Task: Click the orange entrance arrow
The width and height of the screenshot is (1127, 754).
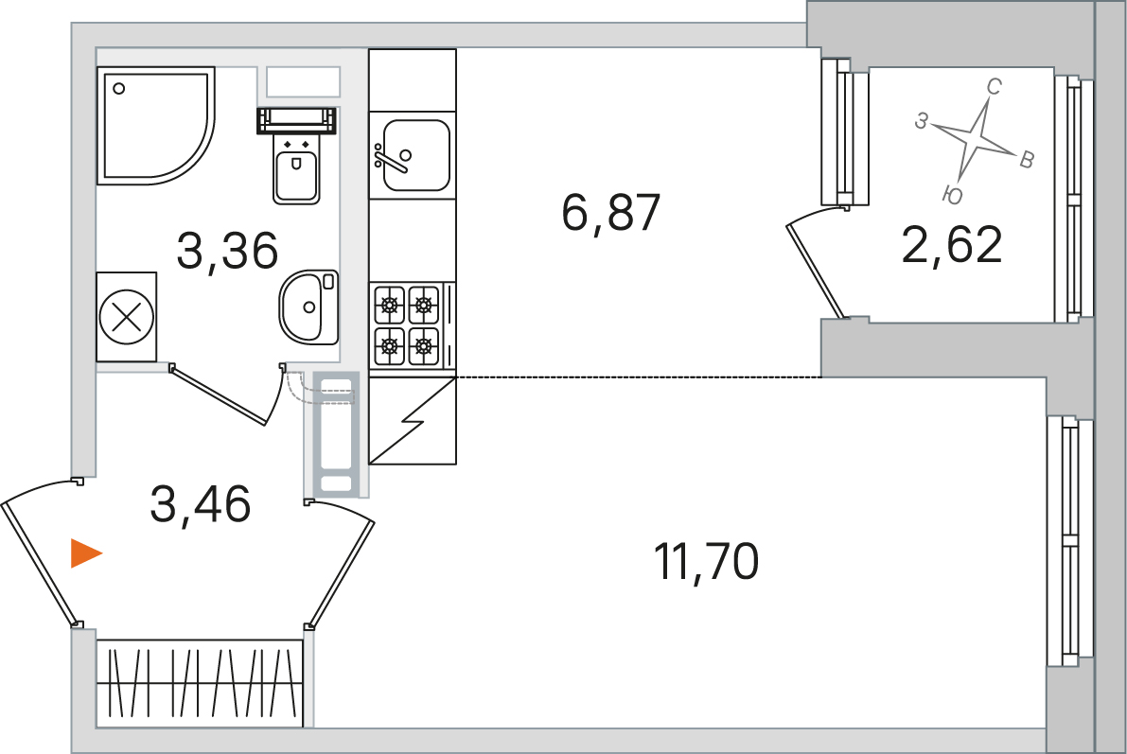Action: [85, 553]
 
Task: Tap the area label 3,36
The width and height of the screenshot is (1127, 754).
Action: [227, 251]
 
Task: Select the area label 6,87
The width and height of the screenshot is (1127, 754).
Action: [611, 213]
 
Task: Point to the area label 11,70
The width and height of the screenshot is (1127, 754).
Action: [707, 561]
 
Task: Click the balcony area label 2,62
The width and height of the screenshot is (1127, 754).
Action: [952, 245]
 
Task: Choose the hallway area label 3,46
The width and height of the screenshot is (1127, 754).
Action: [201, 504]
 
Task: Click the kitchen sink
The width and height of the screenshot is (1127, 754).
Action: [413, 155]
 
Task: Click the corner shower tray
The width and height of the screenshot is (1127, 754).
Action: [155, 125]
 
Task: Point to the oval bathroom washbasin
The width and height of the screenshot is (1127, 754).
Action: [309, 307]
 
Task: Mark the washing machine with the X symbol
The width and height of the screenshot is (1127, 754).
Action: [127, 317]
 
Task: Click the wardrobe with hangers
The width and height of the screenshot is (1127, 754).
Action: [199, 683]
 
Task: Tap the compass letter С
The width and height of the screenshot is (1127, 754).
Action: [994, 87]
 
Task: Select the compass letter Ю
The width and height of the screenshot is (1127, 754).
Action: [952, 194]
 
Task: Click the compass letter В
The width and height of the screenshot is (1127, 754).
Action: [1027, 160]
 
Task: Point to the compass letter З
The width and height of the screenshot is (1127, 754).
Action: [922, 121]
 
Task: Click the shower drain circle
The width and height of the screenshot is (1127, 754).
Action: [119, 88]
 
